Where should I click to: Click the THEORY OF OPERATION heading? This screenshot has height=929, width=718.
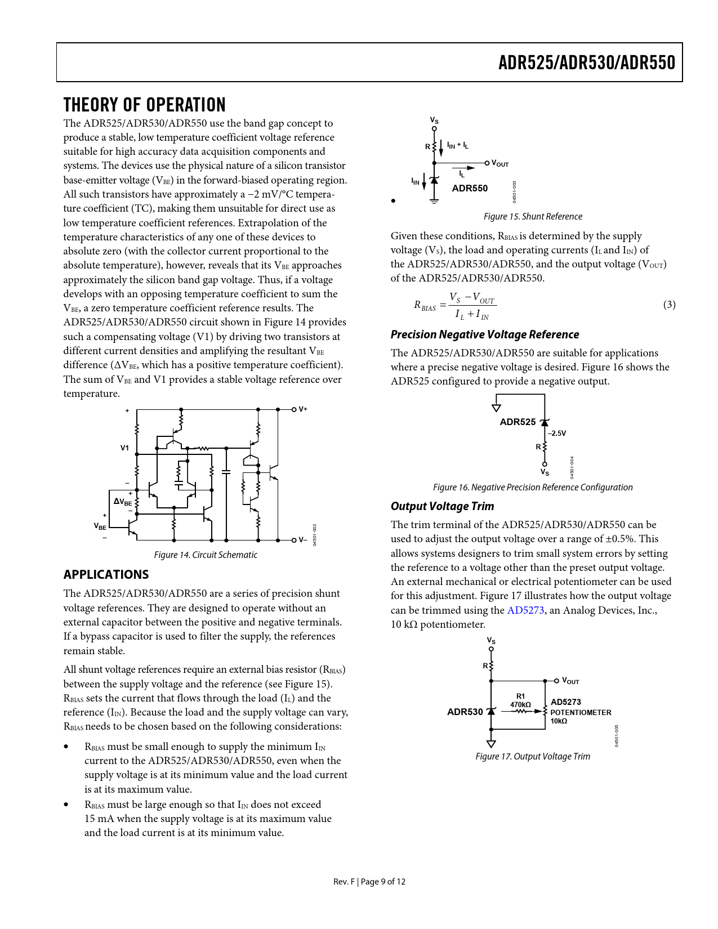coord(144,105)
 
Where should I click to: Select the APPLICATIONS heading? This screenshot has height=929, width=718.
coord(106,574)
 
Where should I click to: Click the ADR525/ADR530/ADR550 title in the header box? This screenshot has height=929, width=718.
coord(586,62)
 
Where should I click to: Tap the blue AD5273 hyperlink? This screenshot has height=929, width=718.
coord(525,610)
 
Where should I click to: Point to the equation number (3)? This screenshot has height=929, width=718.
coord(669,305)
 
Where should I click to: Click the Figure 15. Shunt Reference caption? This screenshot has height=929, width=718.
coord(533,217)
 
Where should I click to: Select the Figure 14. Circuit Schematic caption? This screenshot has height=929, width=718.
coord(206,555)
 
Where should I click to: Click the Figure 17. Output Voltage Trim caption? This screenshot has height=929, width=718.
coord(533,757)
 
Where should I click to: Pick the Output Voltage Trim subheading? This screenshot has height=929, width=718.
coord(442,506)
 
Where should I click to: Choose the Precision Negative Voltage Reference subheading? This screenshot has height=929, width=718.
coord(484,334)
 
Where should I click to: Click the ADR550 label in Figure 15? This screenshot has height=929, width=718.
coord(470,188)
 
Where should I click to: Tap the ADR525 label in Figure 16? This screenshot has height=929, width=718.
coord(518,422)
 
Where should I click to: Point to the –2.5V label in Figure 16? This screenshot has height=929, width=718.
coord(557,434)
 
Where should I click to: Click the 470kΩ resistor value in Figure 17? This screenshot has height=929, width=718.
coord(520,704)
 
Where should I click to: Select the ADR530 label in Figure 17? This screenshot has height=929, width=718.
coord(465,712)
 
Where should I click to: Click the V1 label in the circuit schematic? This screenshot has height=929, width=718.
coord(124,448)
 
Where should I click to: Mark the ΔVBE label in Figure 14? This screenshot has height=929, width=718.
coord(123,502)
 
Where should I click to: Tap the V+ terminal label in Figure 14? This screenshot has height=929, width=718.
coord(303,409)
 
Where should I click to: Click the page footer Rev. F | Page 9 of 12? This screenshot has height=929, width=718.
coord(369,882)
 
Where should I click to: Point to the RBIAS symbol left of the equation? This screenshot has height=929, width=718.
coord(425,306)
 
